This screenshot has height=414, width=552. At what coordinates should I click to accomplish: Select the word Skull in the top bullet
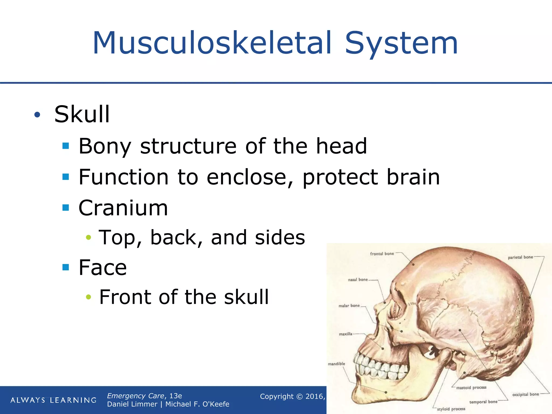click(x=82, y=114)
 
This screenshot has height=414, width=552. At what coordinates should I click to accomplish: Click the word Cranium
click(x=123, y=208)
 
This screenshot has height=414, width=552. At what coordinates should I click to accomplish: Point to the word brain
click(x=413, y=177)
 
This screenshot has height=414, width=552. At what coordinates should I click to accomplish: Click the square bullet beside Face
click(x=66, y=267)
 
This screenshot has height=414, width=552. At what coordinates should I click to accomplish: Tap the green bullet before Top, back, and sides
click(x=88, y=237)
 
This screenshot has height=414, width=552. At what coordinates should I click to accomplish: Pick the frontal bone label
click(x=382, y=254)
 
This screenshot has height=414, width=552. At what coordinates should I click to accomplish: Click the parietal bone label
click(x=520, y=257)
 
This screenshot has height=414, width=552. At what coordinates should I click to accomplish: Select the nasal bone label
click(x=358, y=280)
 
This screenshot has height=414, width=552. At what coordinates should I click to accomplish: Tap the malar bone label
click(x=349, y=306)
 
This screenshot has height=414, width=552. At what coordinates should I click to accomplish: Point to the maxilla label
click(x=346, y=334)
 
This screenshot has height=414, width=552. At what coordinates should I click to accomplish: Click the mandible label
click(x=336, y=364)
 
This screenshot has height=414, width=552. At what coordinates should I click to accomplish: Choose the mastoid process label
click(x=471, y=388)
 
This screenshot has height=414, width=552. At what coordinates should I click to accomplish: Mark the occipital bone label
click(x=526, y=394)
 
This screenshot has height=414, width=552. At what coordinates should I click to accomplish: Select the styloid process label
click(x=451, y=409)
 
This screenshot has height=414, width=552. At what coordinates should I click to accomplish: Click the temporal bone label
click(x=483, y=402)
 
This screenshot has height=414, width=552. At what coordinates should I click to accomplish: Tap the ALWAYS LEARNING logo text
click(x=53, y=400)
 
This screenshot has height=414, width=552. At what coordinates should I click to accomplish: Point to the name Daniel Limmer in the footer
click(x=132, y=404)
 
